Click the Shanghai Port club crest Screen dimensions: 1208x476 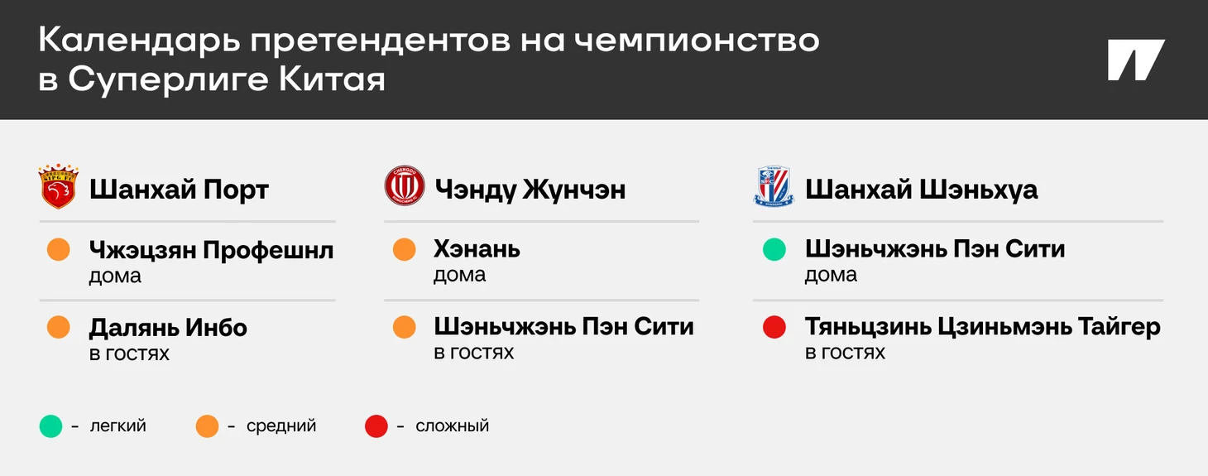point(58,186)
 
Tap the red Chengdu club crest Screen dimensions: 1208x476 point(405,185)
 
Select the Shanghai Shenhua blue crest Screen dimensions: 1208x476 point(774,187)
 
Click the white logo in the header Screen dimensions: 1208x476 point(1136,60)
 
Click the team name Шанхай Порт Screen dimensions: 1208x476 point(179,190)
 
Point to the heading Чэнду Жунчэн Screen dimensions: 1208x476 point(530,190)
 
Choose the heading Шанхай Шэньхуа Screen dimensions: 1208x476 point(921,190)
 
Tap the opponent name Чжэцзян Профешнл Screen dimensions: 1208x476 point(212,250)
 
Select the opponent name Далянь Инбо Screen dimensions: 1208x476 point(168,328)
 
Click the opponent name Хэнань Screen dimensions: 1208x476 point(477,249)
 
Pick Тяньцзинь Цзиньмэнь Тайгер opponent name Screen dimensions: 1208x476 point(983,327)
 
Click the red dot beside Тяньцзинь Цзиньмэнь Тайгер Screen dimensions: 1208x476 point(774,327)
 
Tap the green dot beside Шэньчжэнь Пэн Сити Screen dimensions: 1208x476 point(774,249)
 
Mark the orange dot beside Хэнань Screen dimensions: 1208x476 point(405,249)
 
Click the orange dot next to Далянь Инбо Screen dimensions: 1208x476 point(59,327)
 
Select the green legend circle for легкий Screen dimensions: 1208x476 point(50,426)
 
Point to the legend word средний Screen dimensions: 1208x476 point(281,426)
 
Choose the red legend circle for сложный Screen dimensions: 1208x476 point(376,426)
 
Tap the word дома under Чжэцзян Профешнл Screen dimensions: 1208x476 point(115,276)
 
